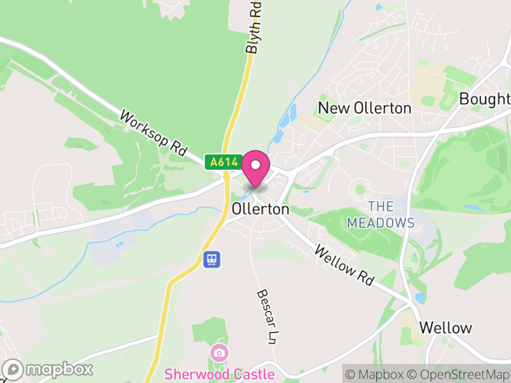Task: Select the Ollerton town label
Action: tap(261, 209)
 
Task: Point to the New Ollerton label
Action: tap(365, 108)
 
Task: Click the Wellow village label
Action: tap(446, 328)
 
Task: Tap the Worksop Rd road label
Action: tap(153, 134)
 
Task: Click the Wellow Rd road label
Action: tap(346, 267)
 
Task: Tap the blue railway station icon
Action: tap(212, 259)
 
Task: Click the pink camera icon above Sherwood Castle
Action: tap(219, 352)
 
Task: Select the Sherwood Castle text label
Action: tap(219, 374)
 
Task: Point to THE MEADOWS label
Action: tap(381, 214)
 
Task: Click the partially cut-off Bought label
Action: tap(485, 99)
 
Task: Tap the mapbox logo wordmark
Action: tap(49, 369)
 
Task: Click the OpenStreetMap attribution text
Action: tap(461, 374)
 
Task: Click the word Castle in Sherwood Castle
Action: tap(252, 374)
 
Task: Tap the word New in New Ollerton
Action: tap(333, 108)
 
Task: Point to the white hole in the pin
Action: tap(256, 164)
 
